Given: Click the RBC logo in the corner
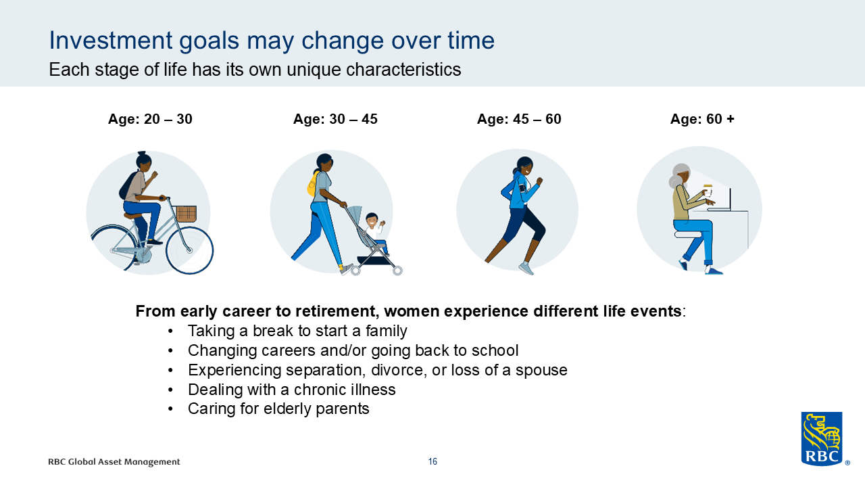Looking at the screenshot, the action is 822,439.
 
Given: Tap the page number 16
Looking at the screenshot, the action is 432,461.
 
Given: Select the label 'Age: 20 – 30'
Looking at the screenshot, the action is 150,119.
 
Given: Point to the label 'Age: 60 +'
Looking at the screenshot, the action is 702,119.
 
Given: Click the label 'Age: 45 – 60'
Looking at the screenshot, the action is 519,119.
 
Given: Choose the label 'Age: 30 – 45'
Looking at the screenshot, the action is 335,119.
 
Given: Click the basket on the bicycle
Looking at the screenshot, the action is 186,214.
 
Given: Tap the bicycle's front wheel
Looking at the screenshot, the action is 189,250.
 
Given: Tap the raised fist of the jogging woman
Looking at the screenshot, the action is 539,181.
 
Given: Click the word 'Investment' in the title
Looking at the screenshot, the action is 111,40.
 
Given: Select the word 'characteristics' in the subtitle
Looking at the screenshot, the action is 403,70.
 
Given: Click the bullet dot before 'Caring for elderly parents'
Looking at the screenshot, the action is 171,409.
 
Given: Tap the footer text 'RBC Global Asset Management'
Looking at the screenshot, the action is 114,462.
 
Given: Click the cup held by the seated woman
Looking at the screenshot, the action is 708,191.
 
